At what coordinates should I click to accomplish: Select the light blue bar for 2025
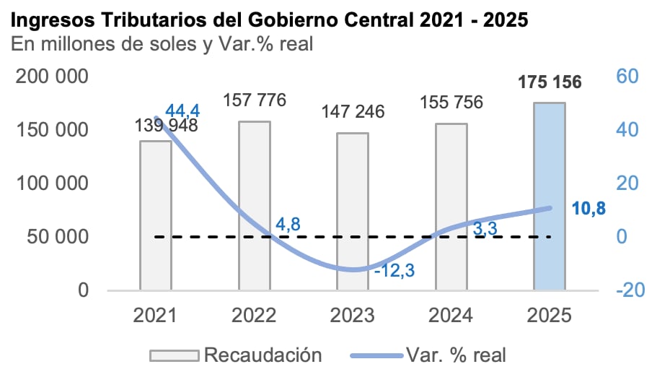click(x=549, y=196)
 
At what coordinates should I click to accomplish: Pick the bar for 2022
click(x=255, y=205)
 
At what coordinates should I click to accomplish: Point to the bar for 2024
click(x=451, y=207)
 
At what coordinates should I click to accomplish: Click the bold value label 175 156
click(x=549, y=82)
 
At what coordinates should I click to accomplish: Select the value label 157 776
click(x=255, y=99)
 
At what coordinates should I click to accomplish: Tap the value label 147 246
click(x=353, y=112)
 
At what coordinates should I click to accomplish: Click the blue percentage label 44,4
click(x=182, y=111)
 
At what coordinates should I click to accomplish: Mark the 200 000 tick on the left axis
click(x=53, y=77)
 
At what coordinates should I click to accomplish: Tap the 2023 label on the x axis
click(x=353, y=316)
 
